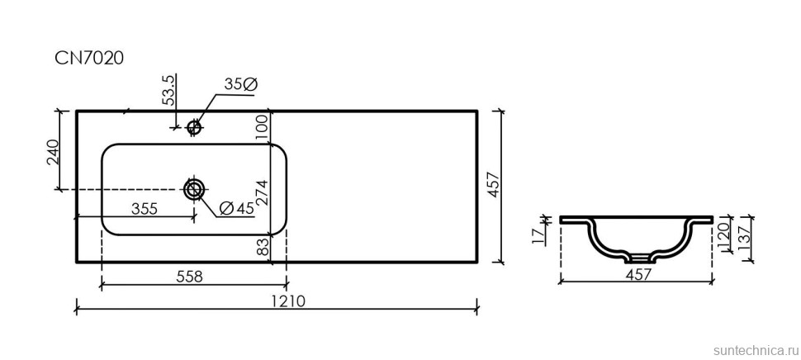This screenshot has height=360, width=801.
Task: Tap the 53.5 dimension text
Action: (168, 90)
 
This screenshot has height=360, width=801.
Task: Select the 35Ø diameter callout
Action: (241, 84)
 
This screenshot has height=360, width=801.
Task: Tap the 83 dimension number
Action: (263, 246)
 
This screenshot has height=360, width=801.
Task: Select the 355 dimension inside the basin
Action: (145, 209)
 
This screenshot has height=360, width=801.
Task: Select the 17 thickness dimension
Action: (538, 237)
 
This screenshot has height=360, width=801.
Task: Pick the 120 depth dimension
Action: (721, 235)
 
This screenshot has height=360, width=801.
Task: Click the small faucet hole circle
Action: (195, 127)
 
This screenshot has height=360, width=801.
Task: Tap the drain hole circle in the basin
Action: (194, 190)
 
